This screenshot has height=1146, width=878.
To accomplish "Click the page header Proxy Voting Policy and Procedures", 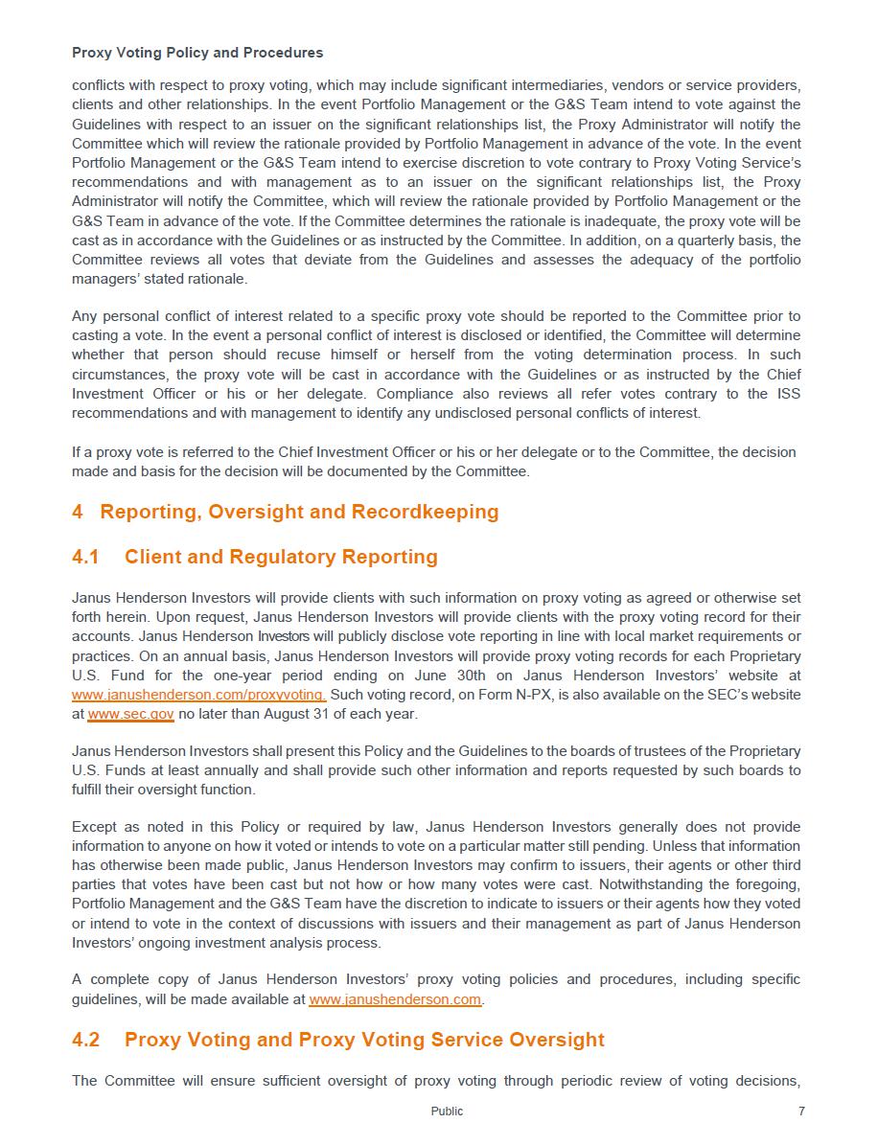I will [x=197, y=53].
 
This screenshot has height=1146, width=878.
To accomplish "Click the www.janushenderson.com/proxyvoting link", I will [x=198, y=695].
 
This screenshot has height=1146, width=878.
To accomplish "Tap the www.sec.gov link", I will [x=130, y=714].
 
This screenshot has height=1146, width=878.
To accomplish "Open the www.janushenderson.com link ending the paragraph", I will [x=395, y=999].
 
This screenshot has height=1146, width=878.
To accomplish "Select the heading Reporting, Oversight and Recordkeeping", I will [x=299, y=512].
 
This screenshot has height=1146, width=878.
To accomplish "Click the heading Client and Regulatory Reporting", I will [x=281, y=557].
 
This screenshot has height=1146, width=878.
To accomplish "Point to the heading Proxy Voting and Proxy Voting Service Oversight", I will [x=364, y=1040].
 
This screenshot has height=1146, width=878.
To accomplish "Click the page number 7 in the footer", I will [x=801, y=1112].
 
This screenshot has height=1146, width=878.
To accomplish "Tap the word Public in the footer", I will [x=447, y=1112].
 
